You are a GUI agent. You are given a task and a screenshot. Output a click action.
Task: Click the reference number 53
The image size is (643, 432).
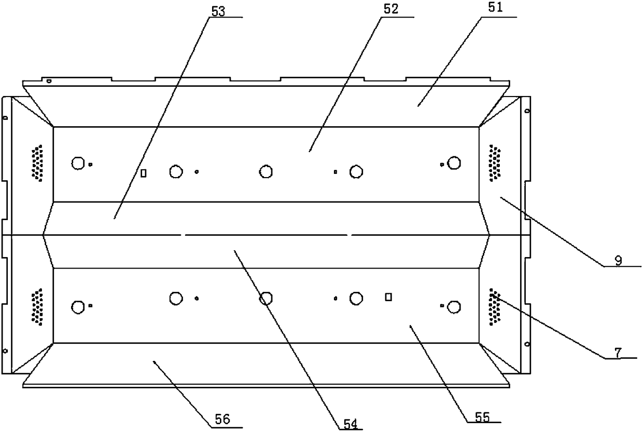(218, 11)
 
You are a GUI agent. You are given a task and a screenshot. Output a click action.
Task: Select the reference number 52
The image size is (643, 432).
(391, 9)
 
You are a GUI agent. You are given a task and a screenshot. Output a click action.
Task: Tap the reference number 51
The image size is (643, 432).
(496, 8)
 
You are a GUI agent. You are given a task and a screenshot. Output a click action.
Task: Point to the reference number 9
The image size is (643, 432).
(618, 261)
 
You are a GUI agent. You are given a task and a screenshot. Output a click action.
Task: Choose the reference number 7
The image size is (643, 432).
(618, 353)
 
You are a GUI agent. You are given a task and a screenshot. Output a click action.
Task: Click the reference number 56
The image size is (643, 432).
(222, 420)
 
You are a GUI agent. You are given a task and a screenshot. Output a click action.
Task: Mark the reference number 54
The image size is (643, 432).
(351, 425)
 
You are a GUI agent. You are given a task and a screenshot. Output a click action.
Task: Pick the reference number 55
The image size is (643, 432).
(482, 417)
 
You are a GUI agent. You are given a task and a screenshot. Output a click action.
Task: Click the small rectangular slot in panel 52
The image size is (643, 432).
(143, 173)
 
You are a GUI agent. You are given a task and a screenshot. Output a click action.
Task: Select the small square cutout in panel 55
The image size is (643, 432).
(388, 297)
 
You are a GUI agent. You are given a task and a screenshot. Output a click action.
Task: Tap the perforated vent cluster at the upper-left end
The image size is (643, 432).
(37, 163)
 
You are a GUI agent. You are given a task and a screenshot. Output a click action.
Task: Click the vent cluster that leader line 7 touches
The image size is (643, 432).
(495, 307)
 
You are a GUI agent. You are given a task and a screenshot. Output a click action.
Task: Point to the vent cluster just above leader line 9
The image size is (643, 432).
(495, 163)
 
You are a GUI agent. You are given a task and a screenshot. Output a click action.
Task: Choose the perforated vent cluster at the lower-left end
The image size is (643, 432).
(37, 307)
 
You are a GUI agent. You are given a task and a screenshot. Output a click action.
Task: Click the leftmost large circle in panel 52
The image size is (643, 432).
(78, 163)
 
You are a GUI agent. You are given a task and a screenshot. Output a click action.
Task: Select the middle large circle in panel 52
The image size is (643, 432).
(266, 171)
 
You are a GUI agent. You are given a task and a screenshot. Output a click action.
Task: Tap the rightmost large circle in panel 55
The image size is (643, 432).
(454, 307)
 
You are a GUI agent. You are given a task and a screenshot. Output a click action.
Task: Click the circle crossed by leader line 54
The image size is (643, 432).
(266, 299)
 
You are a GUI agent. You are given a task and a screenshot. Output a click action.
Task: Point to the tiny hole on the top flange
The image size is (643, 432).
(49, 81)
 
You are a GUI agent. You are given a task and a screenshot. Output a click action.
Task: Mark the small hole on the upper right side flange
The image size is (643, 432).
(527, 111)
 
